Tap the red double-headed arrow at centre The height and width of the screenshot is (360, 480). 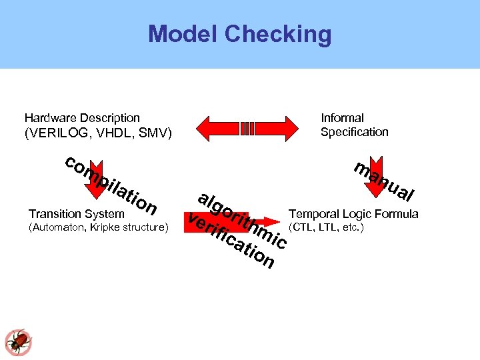click(247, 127)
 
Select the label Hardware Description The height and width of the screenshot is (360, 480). click(82, 118)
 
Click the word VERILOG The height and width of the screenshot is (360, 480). click(59, 133)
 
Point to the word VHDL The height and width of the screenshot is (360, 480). click(114, 133)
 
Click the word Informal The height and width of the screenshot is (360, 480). click(342, 118)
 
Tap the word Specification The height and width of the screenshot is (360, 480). click(354, 132)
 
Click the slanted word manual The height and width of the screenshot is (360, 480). click(385, 181)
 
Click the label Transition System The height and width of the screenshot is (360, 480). click(77, 214)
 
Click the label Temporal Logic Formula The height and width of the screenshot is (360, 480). click(353, 214)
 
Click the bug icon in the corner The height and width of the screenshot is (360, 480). click(18, 341)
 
